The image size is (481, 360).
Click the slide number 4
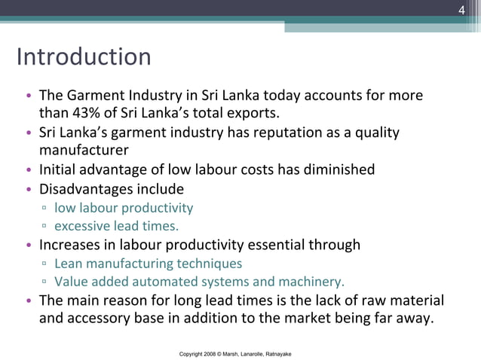coord(463,10)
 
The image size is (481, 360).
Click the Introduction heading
coord(84,57)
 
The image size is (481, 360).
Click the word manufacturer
coord(84,151)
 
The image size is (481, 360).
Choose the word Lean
coord(69,264)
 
